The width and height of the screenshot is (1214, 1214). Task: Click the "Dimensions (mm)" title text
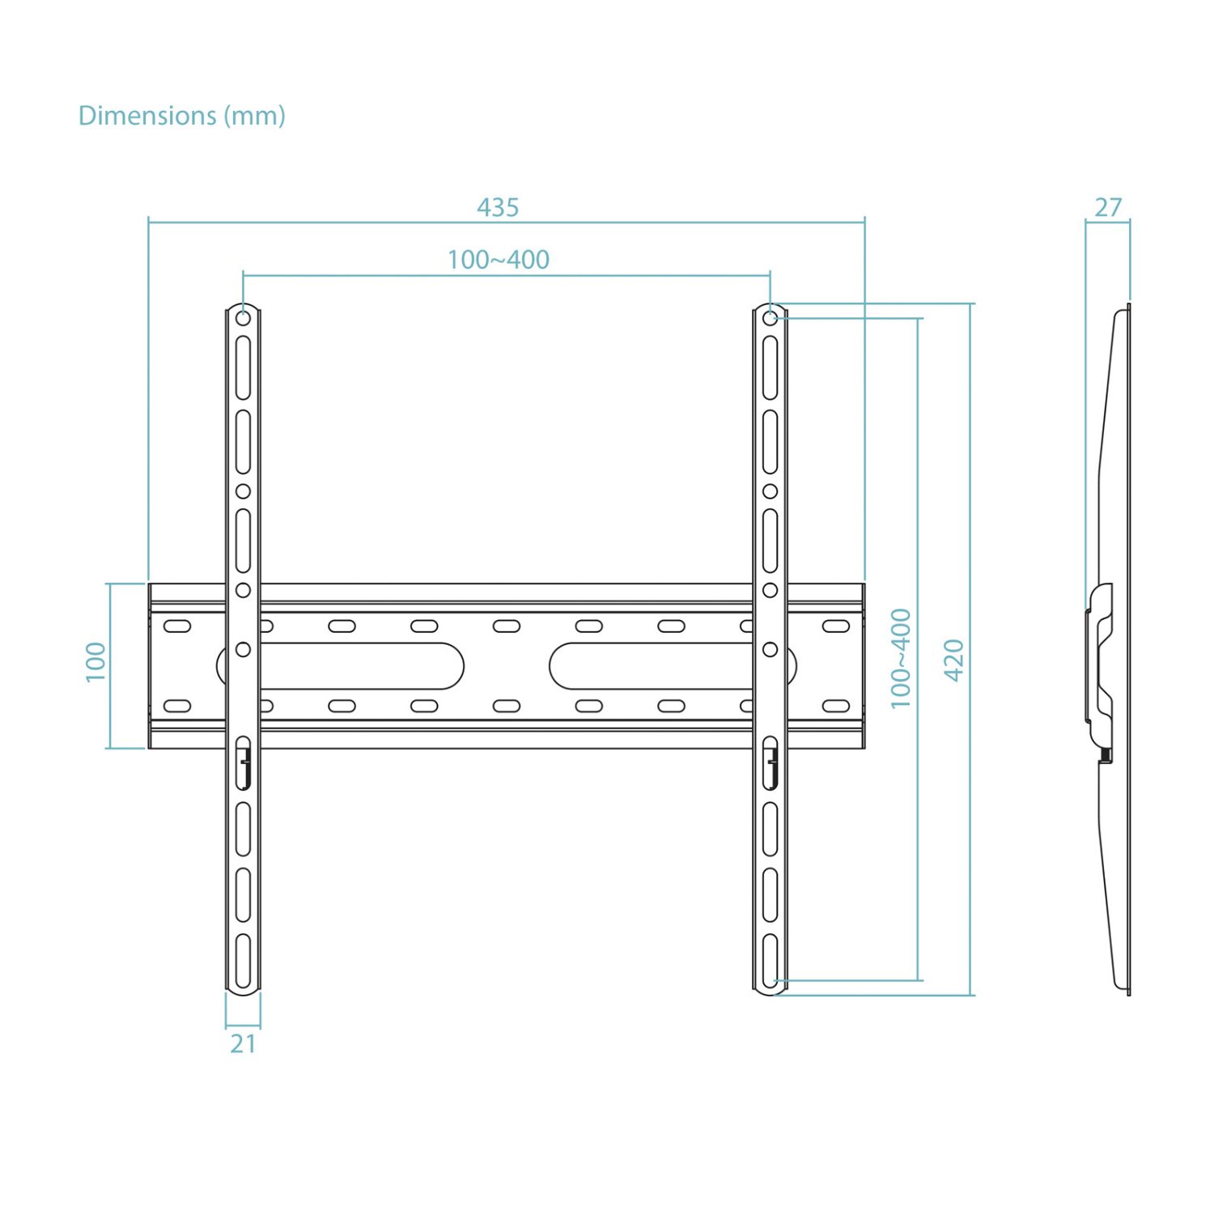(181, 116)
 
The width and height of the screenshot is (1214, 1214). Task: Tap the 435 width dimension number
(498, 208)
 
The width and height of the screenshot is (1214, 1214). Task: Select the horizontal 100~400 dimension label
(499, 260)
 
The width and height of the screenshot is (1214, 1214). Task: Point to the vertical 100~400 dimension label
(901, 659)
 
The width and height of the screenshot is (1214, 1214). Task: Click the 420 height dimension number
(954, 660)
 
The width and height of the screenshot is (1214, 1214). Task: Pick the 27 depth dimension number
(1108, 208)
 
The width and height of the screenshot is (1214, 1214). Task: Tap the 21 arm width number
(243, 1044)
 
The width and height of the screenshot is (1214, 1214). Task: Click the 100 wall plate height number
(96, 661)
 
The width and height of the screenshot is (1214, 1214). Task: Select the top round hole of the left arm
(243, 319)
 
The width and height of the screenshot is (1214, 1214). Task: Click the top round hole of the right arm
(770, 319)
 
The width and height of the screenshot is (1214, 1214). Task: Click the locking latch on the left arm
(244, 763)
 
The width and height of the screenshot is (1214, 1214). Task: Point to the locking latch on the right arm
(771, 763)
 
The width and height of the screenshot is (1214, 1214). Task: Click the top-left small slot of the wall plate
(177, 626)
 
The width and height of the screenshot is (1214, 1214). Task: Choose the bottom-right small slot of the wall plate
(836, 706)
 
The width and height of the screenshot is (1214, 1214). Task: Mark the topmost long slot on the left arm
(243, 367)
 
